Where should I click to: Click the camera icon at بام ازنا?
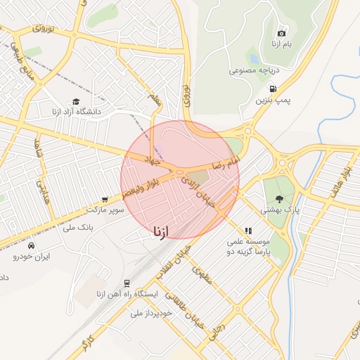click(x=282, y=33)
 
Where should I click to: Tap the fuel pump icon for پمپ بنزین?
click(x=273, y=89)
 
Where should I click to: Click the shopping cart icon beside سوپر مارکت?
click(x=105, y=199)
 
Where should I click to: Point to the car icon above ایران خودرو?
click(x=32, y=245)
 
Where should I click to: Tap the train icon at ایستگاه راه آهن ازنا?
click(x=127, y=283)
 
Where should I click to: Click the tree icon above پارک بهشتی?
click(x=281, y=199)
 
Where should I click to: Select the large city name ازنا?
click(x=160, y=230)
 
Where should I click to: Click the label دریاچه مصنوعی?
click(x=255, y=71)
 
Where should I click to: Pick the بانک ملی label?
click(x=78, y=227)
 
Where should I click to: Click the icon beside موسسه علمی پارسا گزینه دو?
click(x=247, y=230)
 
